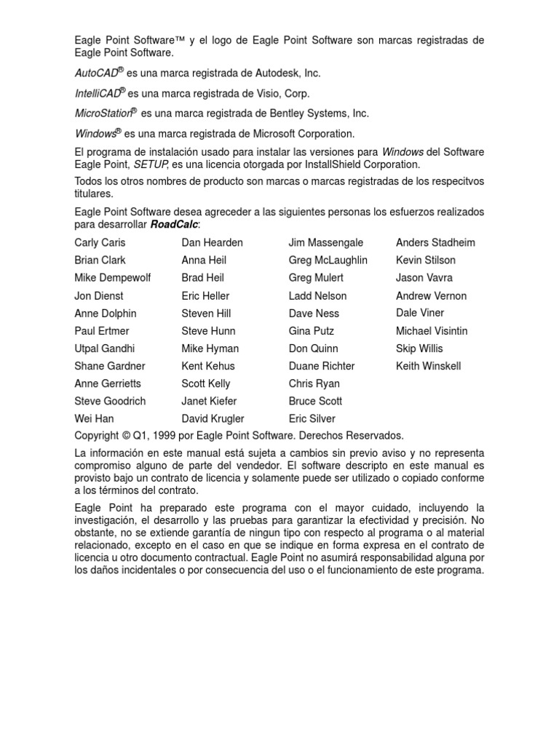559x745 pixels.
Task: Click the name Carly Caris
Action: click(100, 242)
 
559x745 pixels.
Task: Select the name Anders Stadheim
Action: click(435, 242)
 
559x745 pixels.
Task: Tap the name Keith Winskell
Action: click(428, 366)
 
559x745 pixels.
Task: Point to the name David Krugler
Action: click(213, 418)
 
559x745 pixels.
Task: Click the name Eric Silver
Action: click(312, 418)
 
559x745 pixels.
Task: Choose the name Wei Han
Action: click(94, 418)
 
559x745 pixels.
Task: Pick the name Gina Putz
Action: click(312, 331)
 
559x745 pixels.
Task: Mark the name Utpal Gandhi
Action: click(104, 348)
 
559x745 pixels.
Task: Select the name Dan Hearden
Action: click(212, 242)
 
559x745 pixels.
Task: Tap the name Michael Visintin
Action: click(432, 331)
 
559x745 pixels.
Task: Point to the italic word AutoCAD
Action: click(96, 73)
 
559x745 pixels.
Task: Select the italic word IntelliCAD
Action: click(97, 94)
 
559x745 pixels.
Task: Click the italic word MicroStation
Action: click(103, 113)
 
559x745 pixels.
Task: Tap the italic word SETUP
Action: click(151, 164)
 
